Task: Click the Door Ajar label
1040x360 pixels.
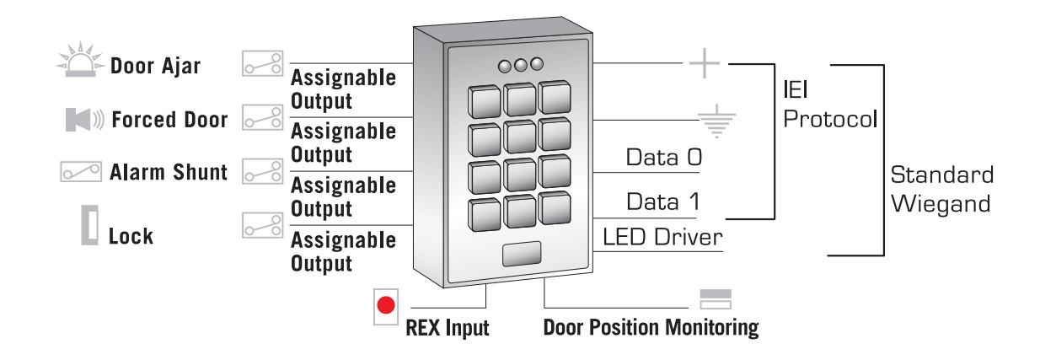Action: coord(155,66)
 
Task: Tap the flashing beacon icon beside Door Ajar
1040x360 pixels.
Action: coord(80,60)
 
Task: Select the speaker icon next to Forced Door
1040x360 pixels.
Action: coord(85,120)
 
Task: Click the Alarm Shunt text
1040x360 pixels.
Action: coord(169,172)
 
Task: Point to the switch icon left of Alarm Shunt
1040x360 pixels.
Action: coord(81,172)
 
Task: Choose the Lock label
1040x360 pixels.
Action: coord(131,236)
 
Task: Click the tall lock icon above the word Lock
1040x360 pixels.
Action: coord(89,225)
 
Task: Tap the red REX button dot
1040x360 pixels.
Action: coord(386,305)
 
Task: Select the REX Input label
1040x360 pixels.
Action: coord(448,328)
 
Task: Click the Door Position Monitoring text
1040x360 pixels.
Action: coord(651,327)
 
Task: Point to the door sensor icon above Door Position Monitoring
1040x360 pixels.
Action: coord(716,299)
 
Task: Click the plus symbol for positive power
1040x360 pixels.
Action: coord(705,62)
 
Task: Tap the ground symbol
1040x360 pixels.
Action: coord(717,121)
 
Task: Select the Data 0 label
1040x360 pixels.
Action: coord(663,158)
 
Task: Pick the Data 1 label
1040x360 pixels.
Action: coord(663,201)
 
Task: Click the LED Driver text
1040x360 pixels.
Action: coord(662,238)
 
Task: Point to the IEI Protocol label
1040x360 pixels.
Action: coord(830,105)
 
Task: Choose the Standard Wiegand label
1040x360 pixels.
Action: coord(942,189)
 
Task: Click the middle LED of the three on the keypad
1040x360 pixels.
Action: coord(521,65)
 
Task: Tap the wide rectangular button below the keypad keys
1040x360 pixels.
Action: coord(522,254)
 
